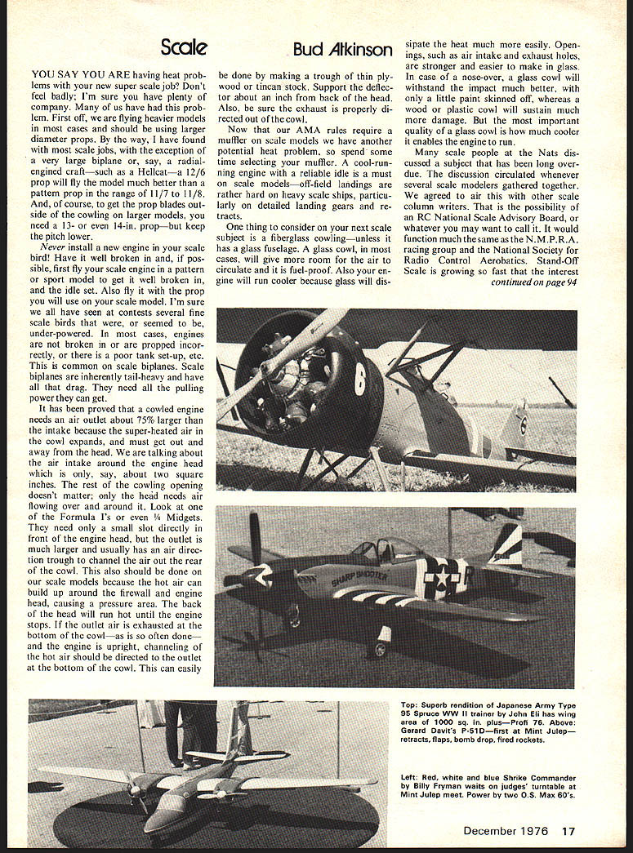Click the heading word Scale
pos(184,47)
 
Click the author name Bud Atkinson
pos(342,49)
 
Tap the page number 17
pos(568,831)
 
